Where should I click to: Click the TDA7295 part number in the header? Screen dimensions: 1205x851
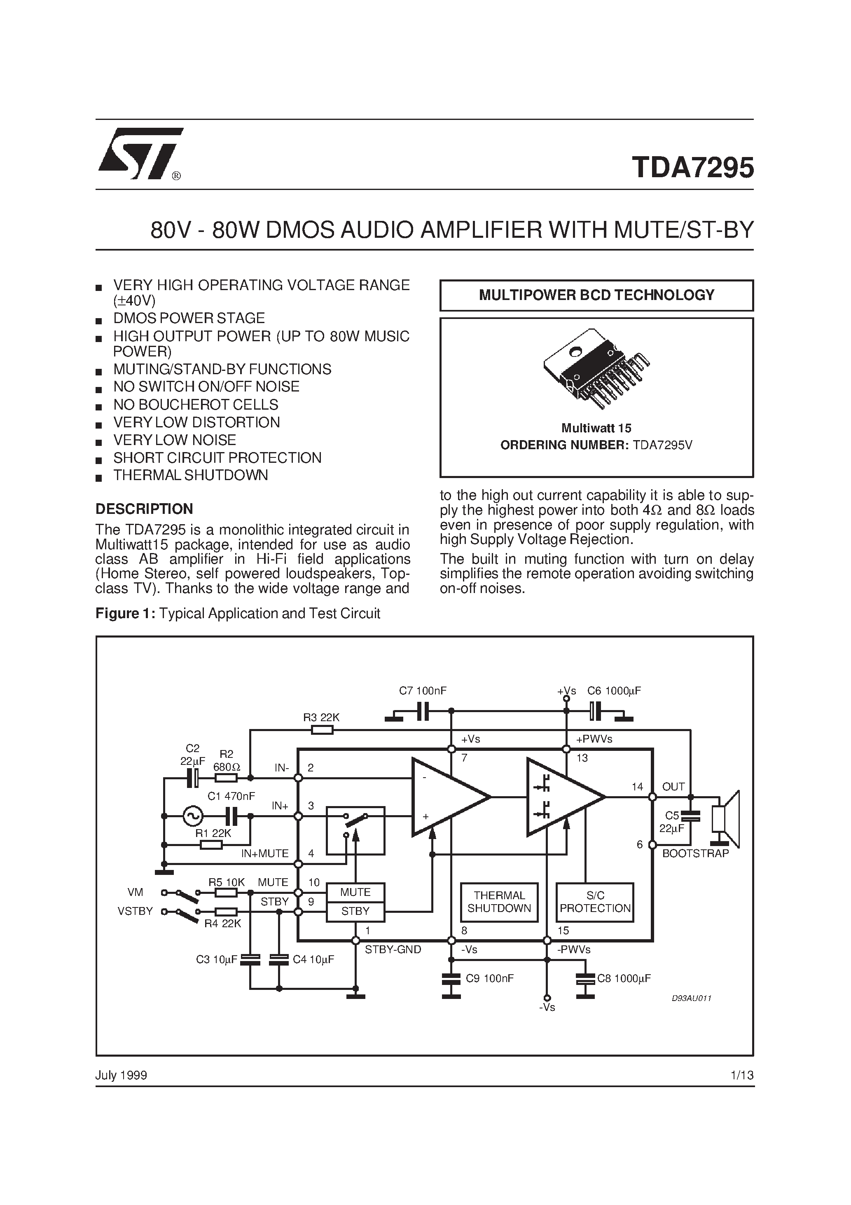click(x=692, y=168)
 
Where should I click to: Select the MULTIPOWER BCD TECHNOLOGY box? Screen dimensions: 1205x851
click(x=596, y=295)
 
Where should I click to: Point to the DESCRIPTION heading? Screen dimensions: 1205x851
click(x=144, y=509)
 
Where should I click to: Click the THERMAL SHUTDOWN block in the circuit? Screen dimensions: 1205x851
click(x=499, y=902)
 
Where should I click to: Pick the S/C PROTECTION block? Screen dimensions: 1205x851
click(x=595, y=902)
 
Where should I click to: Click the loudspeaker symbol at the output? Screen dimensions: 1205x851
click(x=726, y=819)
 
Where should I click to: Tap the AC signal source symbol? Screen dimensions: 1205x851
click(x=192, y=816)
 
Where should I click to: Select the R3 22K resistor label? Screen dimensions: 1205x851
click(x=321, y=717)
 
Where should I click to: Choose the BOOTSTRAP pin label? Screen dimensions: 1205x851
click(x=695, y=853)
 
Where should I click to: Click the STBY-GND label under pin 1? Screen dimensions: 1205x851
click(x=393, y=949)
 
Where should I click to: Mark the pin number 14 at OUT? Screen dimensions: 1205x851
click(x=637, y=787)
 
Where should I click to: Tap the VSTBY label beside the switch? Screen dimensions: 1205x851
click(x=135, y=911)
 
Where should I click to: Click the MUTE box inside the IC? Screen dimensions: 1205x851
click(x=355, y=892)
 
